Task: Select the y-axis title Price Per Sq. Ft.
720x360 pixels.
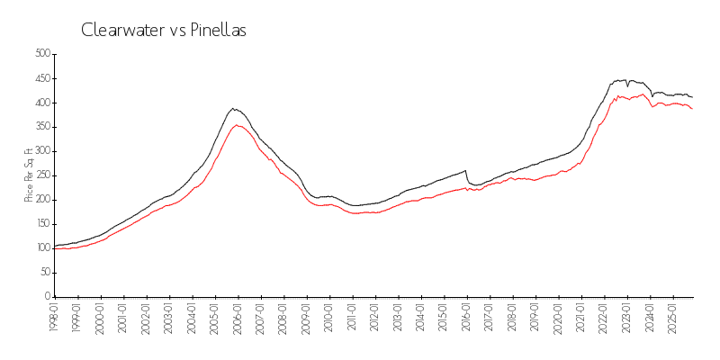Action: pyautogui.click(x=29, y=175)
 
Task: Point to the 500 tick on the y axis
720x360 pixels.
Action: pyautogui.click(x=41, y=54)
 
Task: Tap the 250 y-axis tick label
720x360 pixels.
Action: pyautogui.click(x=41, y=175)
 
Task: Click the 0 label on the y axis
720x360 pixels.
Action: pyautogui.click(x=48, y=296)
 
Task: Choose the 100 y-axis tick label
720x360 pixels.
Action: pyautogui.click(x=41, y=247)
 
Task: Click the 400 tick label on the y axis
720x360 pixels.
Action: pyautogui.click(x=41, y=103)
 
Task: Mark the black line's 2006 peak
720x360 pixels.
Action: pyautogui.click(x=233, y=108)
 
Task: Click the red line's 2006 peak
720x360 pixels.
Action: pyautogui.click(x=236, y=125)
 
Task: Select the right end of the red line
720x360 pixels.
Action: pyautogui.click(x=692, y=109)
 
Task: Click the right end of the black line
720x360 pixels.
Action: pyautogui.click(x=692, y=96)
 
